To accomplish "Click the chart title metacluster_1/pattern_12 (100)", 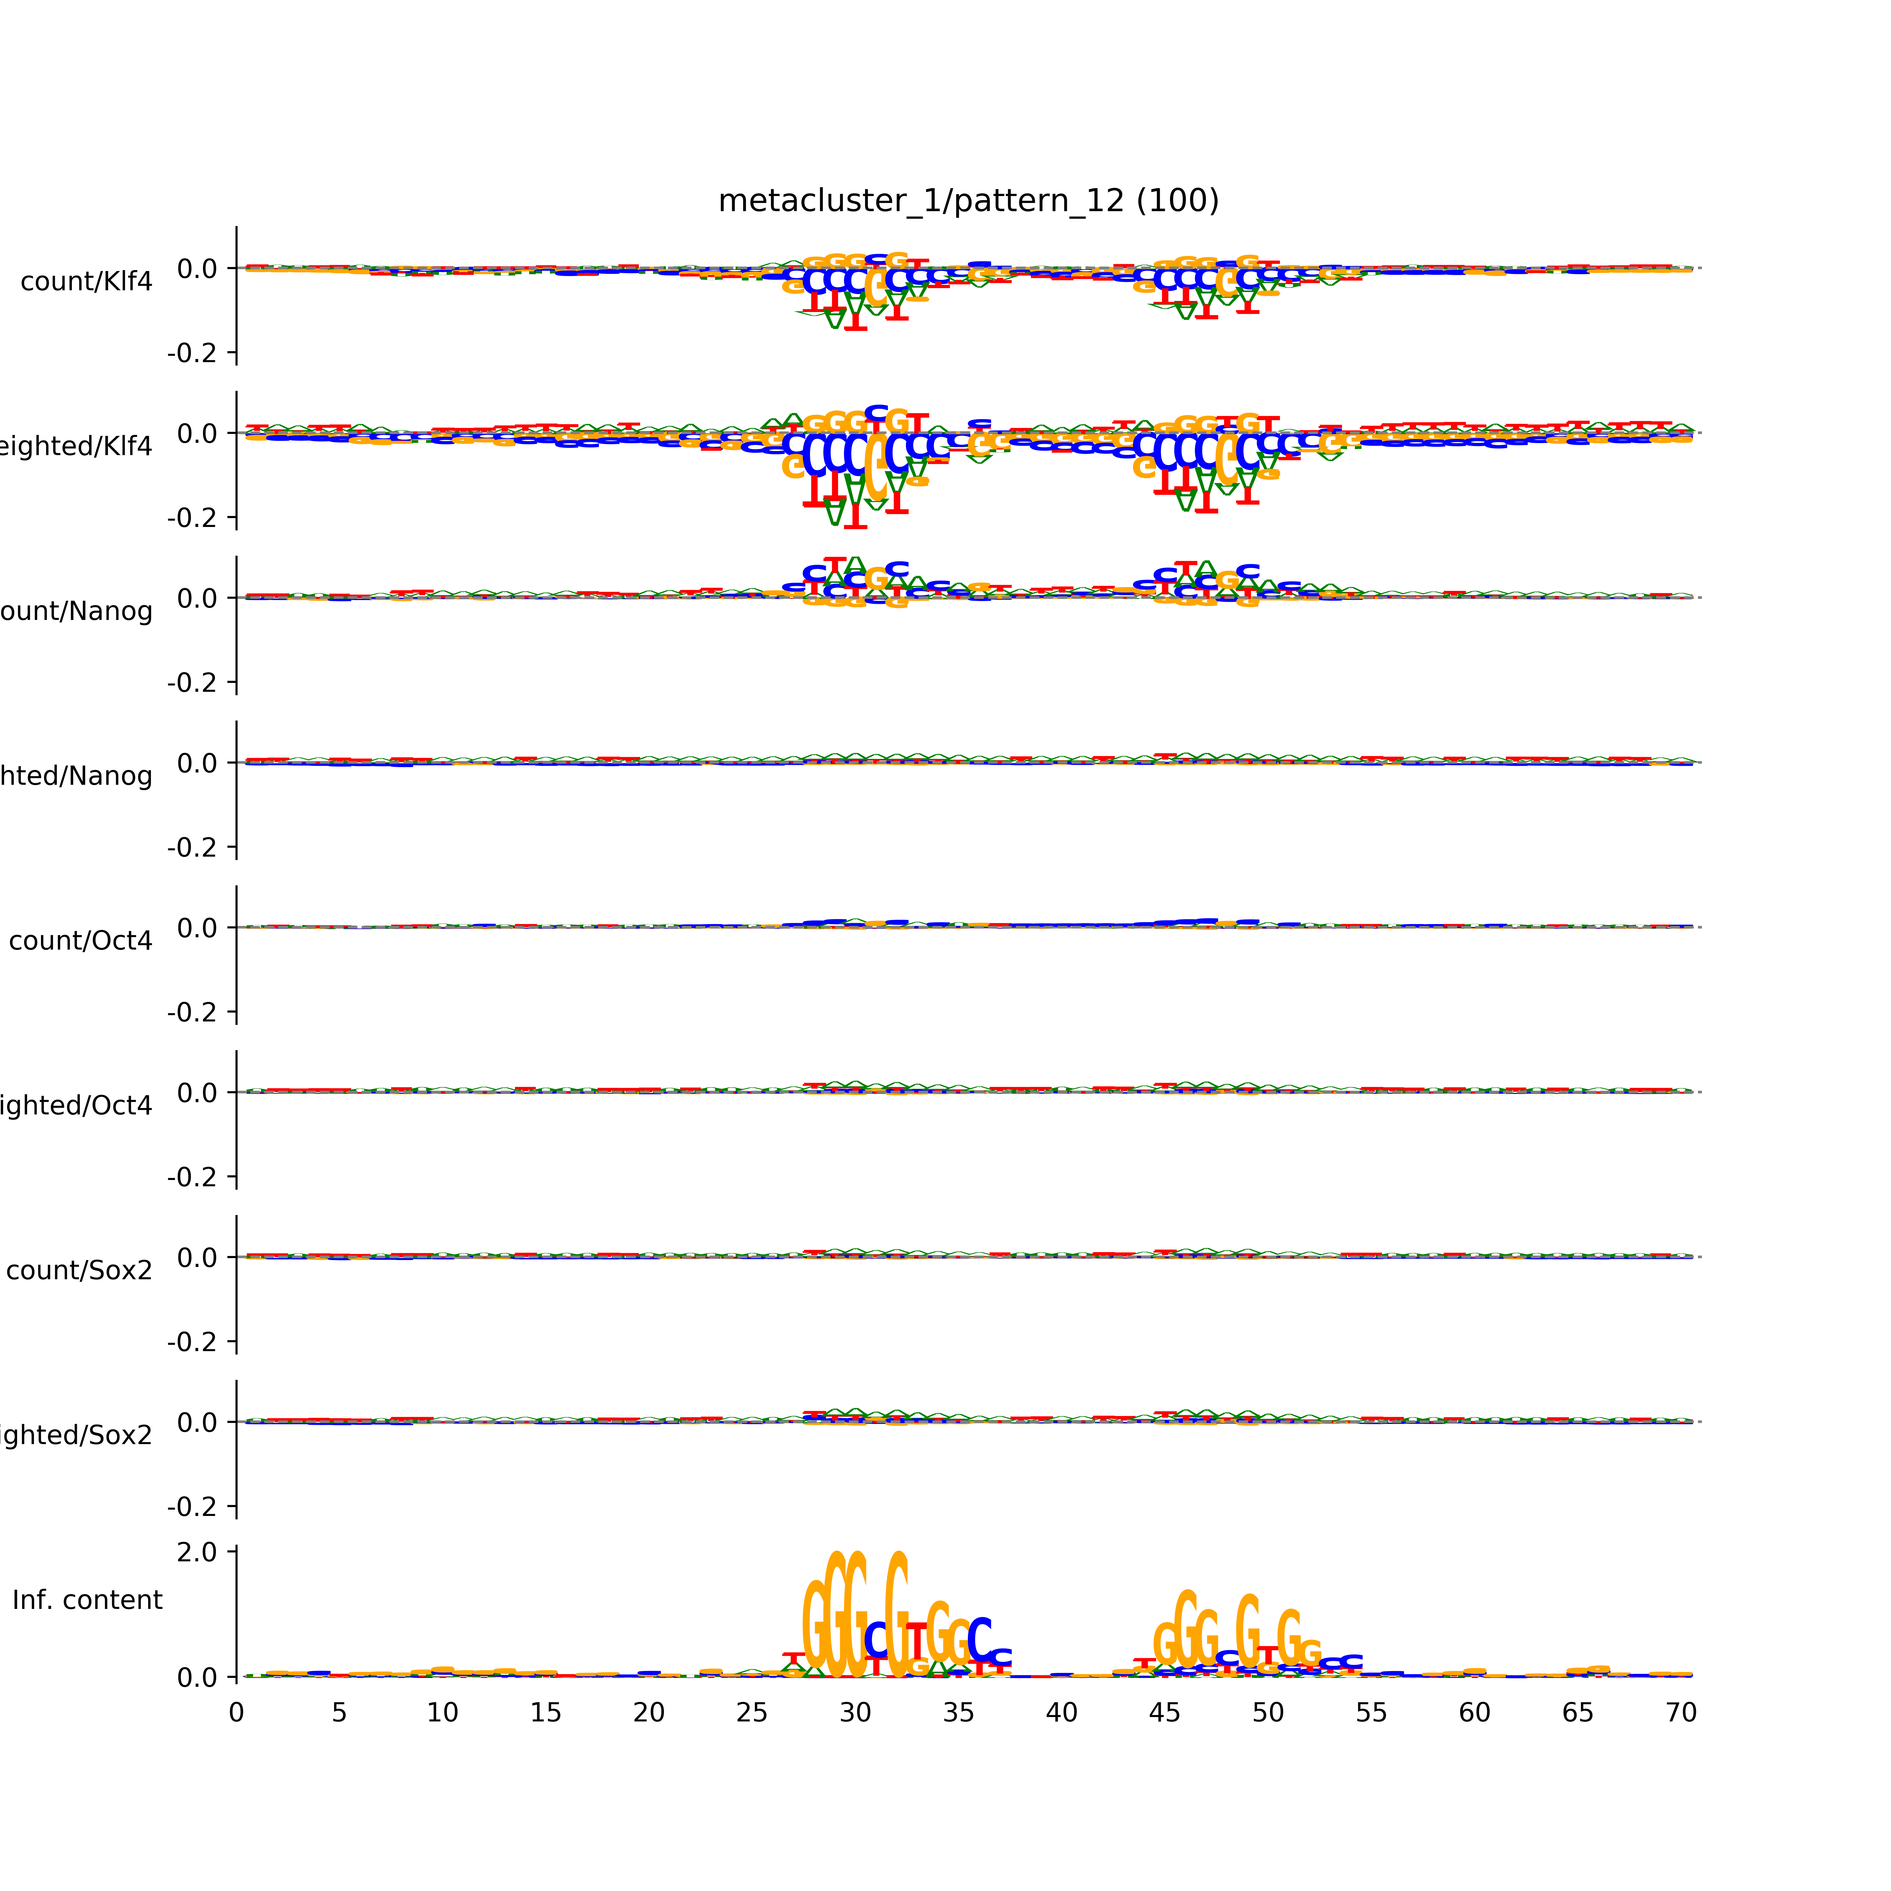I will (x=968, y=201).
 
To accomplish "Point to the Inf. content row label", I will (x=87, y=1600).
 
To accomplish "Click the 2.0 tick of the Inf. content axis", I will (x=197, y=1552).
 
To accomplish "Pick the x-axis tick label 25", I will (x=752, y=1713).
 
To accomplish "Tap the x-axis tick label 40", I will (x=1062, y=1713).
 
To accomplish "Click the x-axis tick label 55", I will (x=1371, y=1713).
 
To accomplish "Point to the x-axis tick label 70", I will (x=1680, y=1713).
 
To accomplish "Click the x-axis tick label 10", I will (x=442, y=1713).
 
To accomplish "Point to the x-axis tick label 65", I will (x=1578, y=1713).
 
